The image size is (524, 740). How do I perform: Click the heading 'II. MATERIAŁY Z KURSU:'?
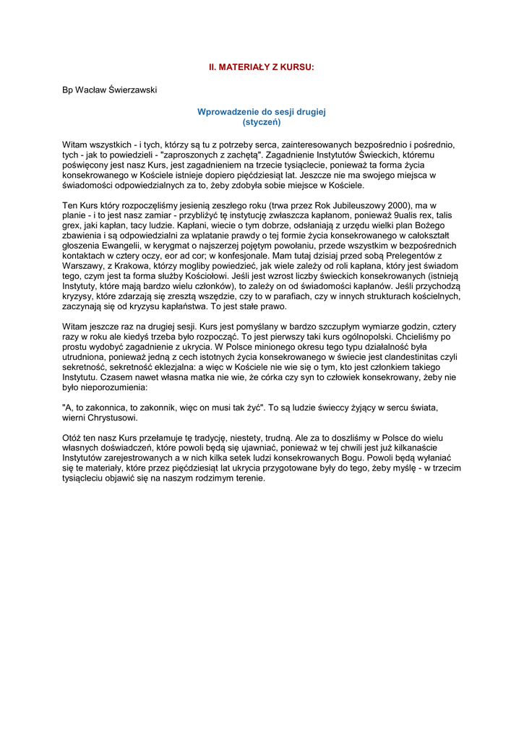pyautogui.click(x=262, y=66)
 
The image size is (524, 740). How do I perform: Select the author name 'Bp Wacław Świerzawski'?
pyautogui.click(x=110, y=90)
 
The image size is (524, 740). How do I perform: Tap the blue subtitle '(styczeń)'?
pyautogui.click(x=262, y=122)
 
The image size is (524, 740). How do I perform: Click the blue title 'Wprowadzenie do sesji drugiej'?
pyautogui.click(x=262, y=112)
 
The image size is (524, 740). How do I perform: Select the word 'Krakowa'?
pyautogui.click(x=129, y=266)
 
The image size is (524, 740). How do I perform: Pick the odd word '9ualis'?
pyautogui.click(x=400, y=216)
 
